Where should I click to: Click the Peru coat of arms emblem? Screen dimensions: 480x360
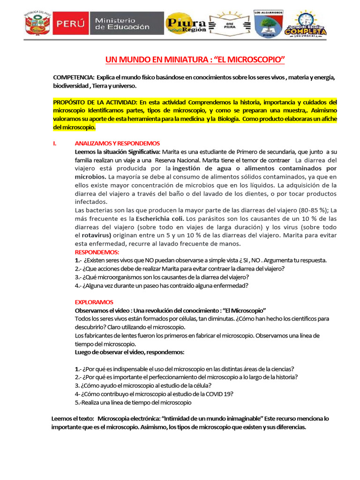click(x=36, y=24)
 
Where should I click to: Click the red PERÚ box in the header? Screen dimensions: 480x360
click(x=70, y=24)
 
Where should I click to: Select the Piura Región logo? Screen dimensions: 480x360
click(x=186, y=24)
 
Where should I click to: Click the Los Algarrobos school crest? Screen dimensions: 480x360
click(x=269, y=23)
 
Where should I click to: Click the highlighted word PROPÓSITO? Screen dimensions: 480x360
click(x=69, y=102)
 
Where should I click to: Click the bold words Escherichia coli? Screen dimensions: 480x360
click(x=160, y=219)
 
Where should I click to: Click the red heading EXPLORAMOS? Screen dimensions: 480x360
click(x=94, y=302)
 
